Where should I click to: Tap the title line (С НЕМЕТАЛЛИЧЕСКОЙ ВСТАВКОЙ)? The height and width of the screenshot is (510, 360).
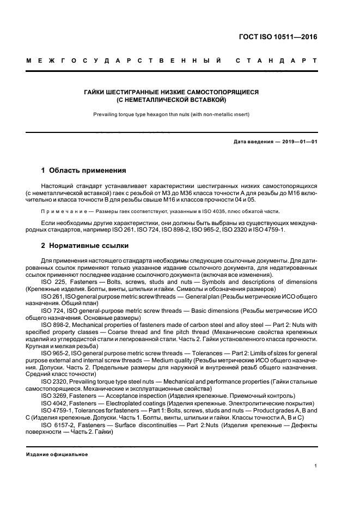(x=172, y=101)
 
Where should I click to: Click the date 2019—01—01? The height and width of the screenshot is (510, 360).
(x=300, y=142)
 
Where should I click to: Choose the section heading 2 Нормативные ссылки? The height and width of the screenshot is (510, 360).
(x=84, y=246)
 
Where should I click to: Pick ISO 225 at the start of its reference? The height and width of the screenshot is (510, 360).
(x=52, y=282)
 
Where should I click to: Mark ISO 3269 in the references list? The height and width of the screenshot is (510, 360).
(x=54, y=396)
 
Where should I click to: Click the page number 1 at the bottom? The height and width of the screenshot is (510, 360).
(x=316, y=466)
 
